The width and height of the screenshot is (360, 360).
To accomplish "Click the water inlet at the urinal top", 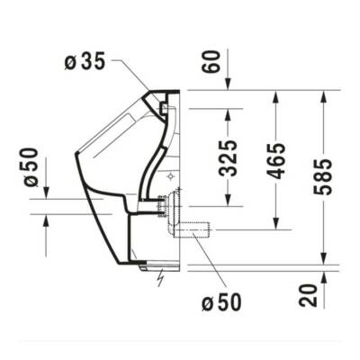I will (166, 108).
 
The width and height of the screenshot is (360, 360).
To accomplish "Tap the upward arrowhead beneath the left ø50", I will (43, 220).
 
